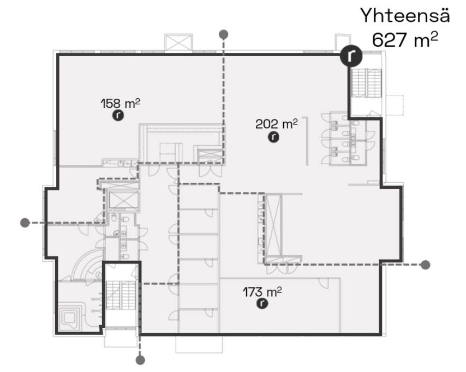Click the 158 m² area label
pos(121,104)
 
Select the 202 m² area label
pos(277,124)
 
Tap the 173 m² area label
pos(262,292)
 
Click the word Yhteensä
pos(405,16)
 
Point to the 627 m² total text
pos(405,40)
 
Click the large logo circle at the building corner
pos(351,56)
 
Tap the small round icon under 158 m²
pos(118,115)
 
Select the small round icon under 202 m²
pos(274,137)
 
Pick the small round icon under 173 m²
pos(262,304)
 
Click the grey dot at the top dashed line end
pos(224,34)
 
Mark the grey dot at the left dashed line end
pos(25,223)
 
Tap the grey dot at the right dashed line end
pos(426,265)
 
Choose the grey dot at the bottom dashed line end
pos(140,360)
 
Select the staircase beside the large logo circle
pos(367,83)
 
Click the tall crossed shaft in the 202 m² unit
pos(273,225)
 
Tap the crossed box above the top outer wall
pos(178,43)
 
